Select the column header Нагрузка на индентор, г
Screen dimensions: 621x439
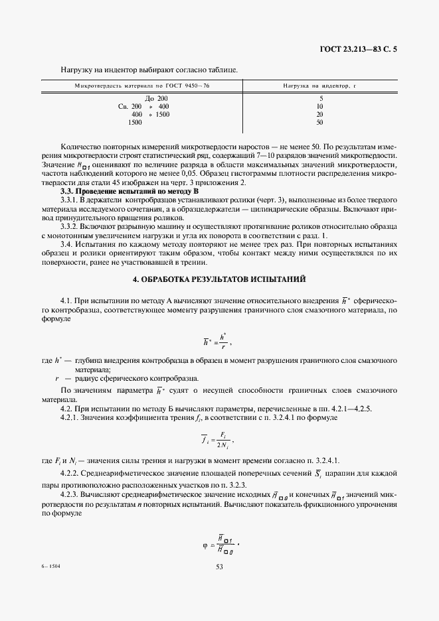tap(320, 86)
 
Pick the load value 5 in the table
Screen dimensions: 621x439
tap(320, 98)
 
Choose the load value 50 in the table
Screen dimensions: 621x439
tap(320, 123)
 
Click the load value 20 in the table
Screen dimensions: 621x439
tap(320, 114)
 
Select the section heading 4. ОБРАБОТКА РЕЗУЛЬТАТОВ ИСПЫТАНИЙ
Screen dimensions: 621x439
tap(219, 279)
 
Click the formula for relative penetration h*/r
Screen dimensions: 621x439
tap(218, 340)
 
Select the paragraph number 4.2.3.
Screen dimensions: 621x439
tap(70, 494)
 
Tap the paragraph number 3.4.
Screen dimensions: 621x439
tap(67, 243)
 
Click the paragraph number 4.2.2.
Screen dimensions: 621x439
tap(70, 472)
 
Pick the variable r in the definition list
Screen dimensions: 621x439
tap(58, 377)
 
